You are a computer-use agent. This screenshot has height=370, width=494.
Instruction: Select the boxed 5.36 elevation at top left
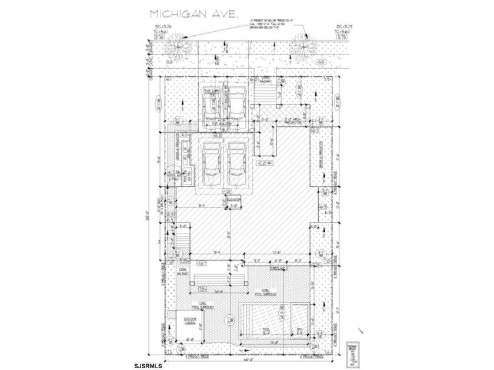tap(159, 36)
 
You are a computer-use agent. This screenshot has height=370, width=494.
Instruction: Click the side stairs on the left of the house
tap(183, 240)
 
